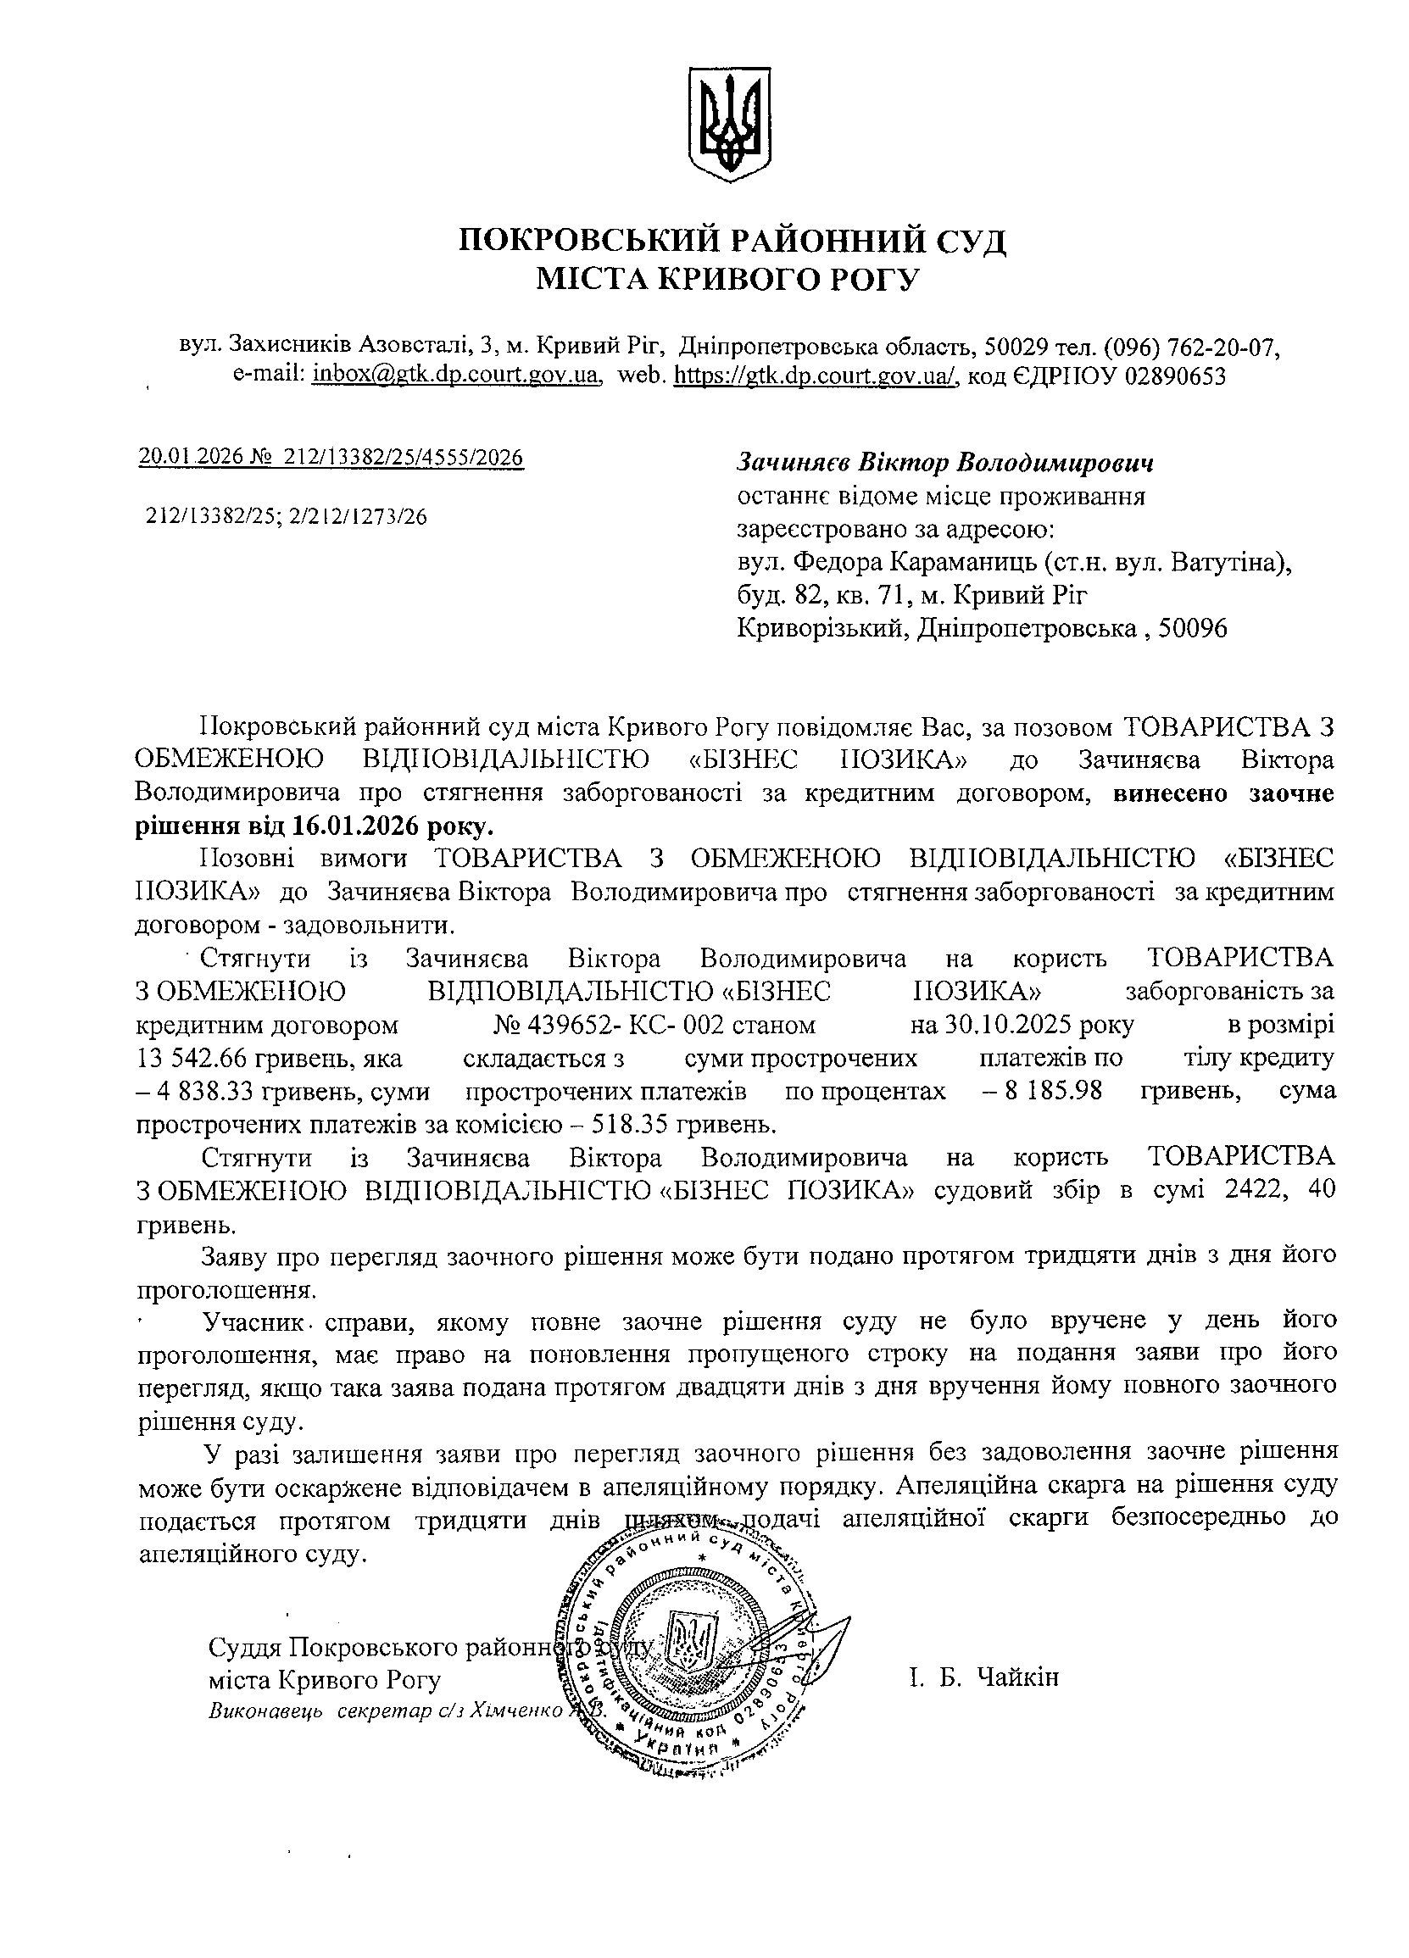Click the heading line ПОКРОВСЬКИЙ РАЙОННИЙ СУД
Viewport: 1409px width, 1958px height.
[x=732, y=239]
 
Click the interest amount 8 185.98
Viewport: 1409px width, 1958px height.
[x=1054, y=1090]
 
